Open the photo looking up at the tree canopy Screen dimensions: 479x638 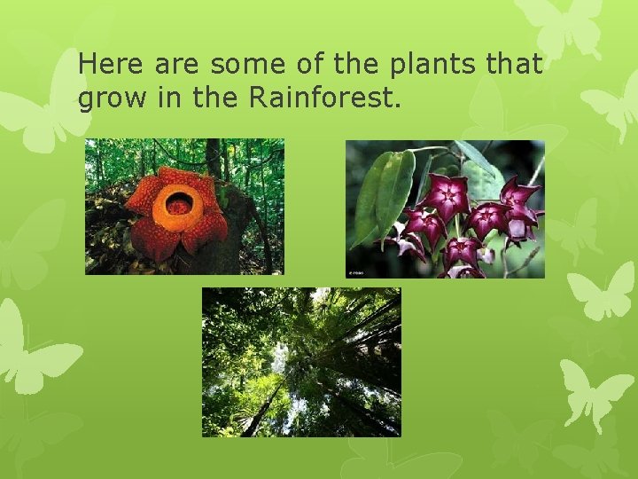tap(301, 362)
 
